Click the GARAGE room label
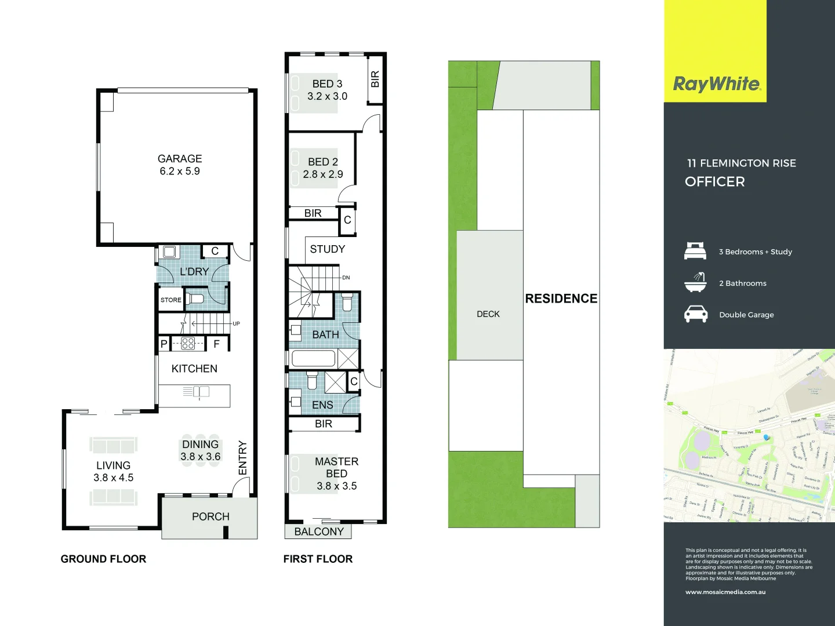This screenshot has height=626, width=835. [x=180, y=159]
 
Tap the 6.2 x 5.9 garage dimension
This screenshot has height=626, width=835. [x=180, y=172]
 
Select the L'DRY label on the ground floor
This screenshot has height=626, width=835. [x=194, y=271]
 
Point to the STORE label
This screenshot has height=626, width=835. [x=170, y=300]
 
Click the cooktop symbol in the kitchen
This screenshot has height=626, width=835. [x=188, y=343]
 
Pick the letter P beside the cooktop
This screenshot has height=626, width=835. [x=164, y=344]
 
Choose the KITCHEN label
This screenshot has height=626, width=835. [x=194, y=369]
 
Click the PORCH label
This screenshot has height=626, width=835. [x=210, y=516]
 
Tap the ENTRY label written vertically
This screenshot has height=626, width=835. [x=243, y=458]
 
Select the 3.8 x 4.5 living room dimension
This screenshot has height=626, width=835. [x=114, y=478]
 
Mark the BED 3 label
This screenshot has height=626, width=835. [x=327, y=84]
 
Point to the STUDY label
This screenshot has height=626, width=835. [x=327, y=249]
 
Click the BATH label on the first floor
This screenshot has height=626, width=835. [x=325, y=335]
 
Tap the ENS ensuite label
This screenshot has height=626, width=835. [x=322, y=405]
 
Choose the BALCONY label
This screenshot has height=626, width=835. [x=319, y=532]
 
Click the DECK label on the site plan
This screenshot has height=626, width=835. [x=488, y=314]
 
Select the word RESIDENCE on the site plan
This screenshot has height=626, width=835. [x=561, y=299]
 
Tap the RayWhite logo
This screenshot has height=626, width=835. [x=717, y=85]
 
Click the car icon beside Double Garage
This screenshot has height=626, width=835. [x=696, y=314]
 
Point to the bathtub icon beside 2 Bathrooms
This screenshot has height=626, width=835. [x=695, y=282]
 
